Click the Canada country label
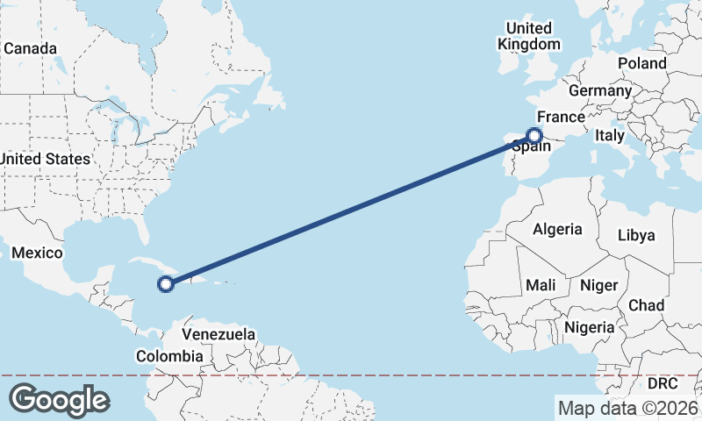[30, 48]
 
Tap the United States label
[46, 159]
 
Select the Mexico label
[37, 253]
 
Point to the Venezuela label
[218, 334]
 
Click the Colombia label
[169, 356]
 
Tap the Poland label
[641, 63]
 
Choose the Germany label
[600, 90]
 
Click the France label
[561, 117]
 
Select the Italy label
[609, 136]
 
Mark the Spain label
[532, 148]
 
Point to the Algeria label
[557, 229]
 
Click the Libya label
[636, 235]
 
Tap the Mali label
[541, 285]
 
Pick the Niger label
[599, 285]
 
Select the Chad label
[646, 304]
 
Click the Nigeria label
[588, 327]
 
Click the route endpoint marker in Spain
[534, 135]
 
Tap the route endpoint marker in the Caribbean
[165, 282]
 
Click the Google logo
[59, 399]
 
